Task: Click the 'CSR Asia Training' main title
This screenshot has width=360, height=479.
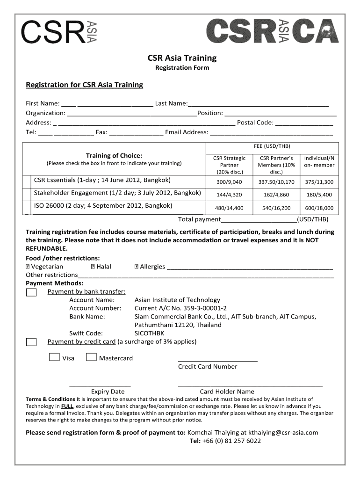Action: pos(182,58)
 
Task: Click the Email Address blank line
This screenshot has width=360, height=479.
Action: pos(271,132)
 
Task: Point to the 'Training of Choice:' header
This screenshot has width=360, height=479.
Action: pos(114,156)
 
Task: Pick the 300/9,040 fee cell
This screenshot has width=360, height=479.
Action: pos(229,182)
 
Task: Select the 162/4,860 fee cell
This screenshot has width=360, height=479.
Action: pos(276,195)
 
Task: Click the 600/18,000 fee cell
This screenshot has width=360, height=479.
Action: pos(319,208)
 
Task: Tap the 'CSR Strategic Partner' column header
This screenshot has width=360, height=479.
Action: pos(229,165)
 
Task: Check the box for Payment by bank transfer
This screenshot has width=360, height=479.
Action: pos(31,292)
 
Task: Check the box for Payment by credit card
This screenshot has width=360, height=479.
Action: pos(31,342)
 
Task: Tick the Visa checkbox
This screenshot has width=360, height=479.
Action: pos(54,358)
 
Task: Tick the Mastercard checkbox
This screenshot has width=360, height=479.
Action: pos(92,358)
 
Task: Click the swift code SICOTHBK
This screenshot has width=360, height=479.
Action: pos(150,333)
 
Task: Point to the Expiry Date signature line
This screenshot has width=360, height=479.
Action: pos(100,385)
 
